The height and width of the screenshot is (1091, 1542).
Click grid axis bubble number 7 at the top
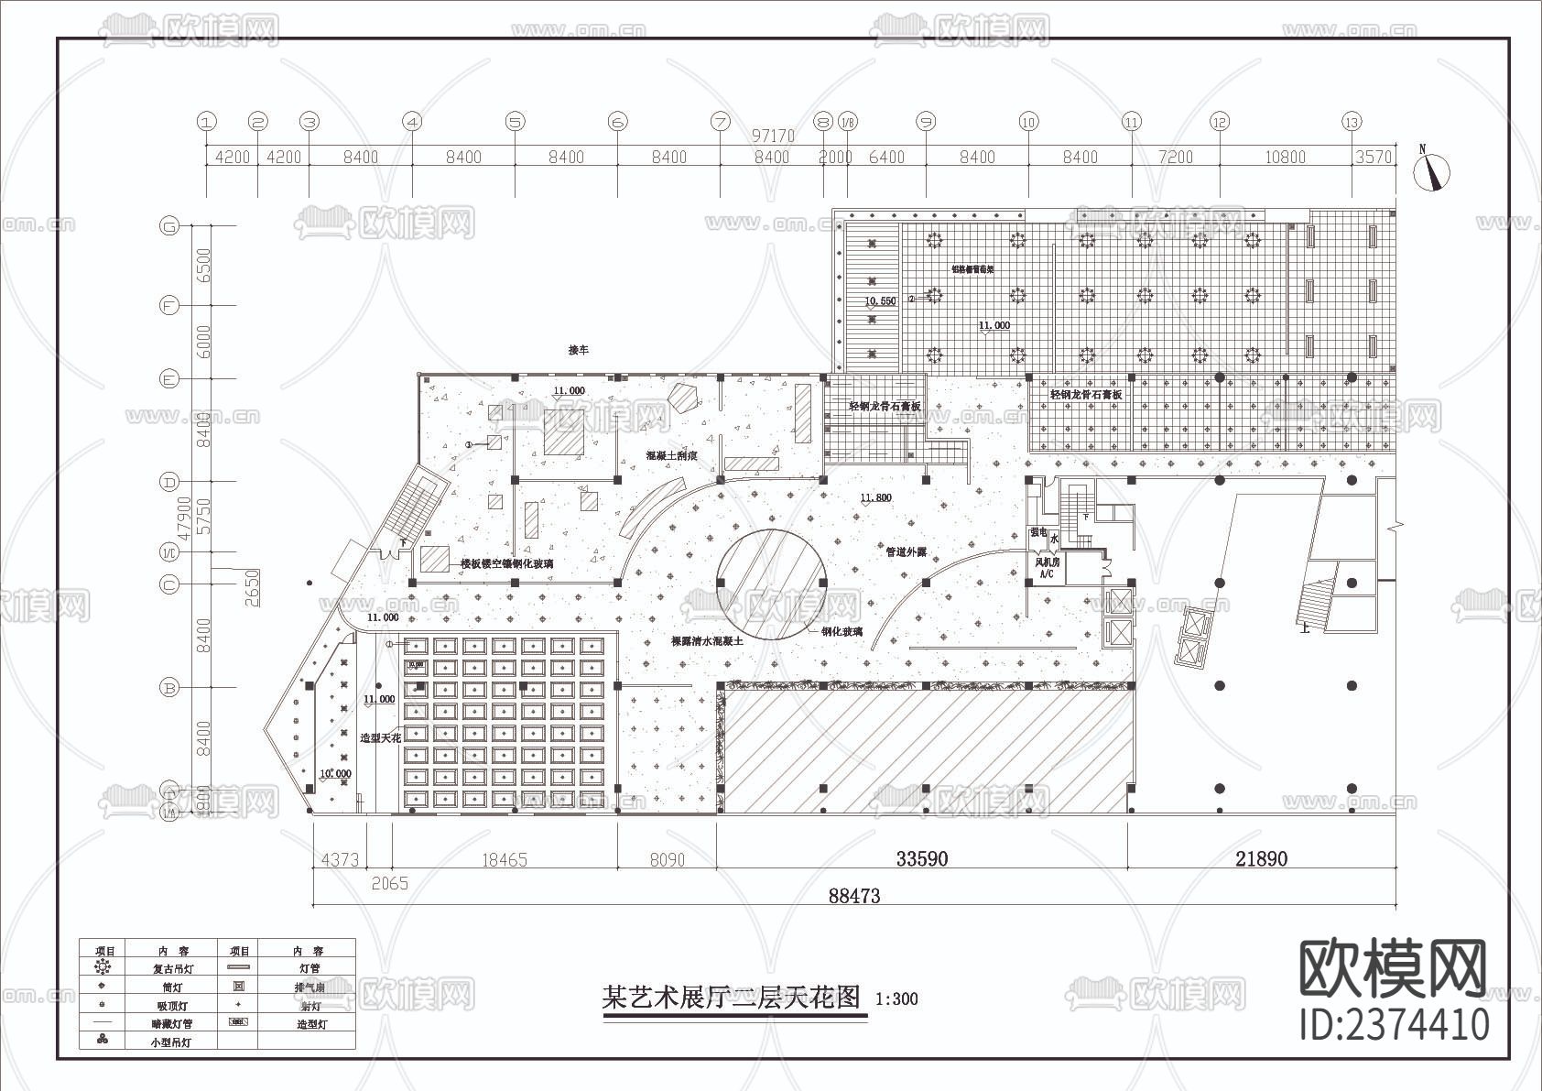(x=721, y=121)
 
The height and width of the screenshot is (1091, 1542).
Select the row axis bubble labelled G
(x=168, y=226)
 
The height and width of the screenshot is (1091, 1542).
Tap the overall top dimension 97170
(x=773, y=136)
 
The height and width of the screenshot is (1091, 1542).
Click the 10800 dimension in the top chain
(x=1285, y=158)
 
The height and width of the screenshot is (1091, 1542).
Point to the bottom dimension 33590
(x=922, y=859)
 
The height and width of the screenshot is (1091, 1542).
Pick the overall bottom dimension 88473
(x=854, y=896)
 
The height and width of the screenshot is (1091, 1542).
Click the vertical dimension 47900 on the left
(x=185, y=518)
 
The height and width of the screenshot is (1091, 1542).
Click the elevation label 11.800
(x=875, y=498)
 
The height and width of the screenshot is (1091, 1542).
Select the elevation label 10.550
(x=881, y=300)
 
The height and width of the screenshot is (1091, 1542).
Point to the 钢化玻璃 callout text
(x=842, y=631)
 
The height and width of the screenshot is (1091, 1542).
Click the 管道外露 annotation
(x=906, y=552)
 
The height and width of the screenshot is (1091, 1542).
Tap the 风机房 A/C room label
(x=1047, y=567)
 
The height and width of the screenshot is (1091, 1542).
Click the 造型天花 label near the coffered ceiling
(x=380, y=737)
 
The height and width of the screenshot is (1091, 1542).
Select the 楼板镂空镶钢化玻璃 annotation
(x=506, y=564)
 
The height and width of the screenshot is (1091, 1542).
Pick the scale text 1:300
(x=896, y=999)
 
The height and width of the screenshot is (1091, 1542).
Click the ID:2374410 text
(x=1395, y=1024)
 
